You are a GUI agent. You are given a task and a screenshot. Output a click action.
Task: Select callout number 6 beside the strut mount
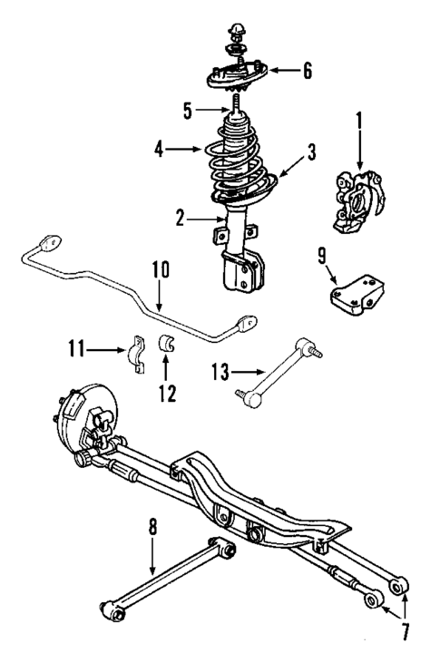point(308,71)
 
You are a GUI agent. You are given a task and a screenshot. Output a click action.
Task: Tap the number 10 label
point(160,270)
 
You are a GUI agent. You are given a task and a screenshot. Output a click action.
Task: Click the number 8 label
point(152,526)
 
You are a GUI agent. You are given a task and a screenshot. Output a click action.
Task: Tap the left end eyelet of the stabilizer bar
point(47,243)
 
